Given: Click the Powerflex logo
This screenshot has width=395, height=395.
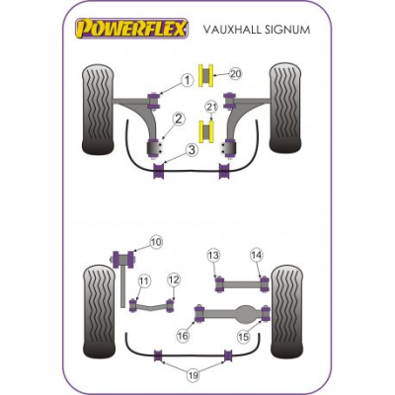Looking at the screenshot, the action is click(132, 29).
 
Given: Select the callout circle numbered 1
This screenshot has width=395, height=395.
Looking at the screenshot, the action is click(187, 80).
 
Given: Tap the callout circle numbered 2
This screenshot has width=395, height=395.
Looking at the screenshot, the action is click(178, 118).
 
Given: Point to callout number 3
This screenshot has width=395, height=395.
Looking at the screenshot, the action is click(192, 150).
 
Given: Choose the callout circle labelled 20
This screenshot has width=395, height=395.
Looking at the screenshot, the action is click(235, 74).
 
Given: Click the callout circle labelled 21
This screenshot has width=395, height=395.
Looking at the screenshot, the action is click(211, 107).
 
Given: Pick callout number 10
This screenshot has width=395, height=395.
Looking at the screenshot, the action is click(156, 242).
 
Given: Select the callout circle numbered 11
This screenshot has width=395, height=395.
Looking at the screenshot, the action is click(144, 281).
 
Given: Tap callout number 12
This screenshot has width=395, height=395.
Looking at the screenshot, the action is click(174, 280).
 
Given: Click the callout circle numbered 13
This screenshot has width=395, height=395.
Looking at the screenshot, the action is click(213, 255).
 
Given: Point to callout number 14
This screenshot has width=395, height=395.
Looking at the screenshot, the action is click(257, 255).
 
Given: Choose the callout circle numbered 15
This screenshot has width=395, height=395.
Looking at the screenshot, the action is click(244, 337).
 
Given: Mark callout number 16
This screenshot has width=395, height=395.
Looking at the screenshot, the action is click(184, 336).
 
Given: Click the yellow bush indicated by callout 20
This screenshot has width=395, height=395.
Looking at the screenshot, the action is click(206, 76).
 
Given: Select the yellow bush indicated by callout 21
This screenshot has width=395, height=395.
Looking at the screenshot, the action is click(206, 132).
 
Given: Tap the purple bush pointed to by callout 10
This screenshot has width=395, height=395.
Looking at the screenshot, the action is click(123, 258).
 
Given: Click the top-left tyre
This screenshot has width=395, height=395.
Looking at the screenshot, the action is click(98, 110).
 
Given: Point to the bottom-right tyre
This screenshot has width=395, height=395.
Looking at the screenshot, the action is click(286, 312).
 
